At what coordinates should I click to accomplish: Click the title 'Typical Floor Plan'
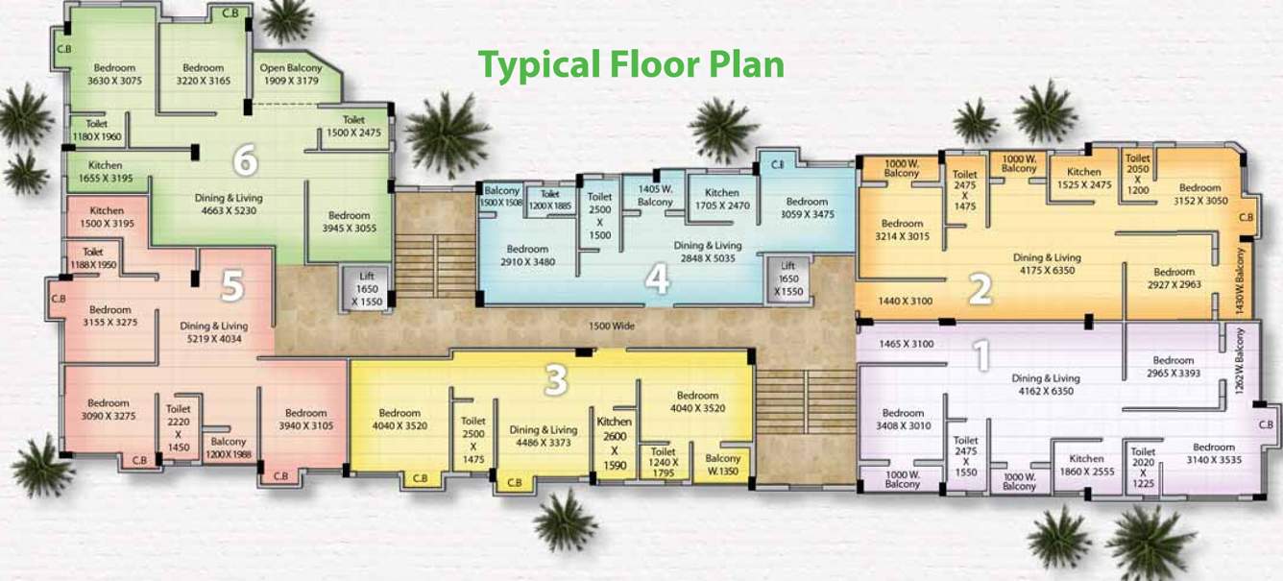(631, 64)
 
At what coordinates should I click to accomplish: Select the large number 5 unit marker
(232, 284)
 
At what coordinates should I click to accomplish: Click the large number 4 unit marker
(657, 278)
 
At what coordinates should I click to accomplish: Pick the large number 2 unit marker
(979, 288)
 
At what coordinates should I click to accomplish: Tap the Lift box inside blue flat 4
(787, 278)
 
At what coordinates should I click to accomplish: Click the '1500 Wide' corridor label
(612, 327)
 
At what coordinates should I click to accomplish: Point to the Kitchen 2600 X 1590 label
(615, 444)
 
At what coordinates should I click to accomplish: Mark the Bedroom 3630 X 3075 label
(114, 75)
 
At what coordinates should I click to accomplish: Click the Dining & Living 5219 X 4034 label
(213, 332)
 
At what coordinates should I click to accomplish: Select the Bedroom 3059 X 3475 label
(806, 208)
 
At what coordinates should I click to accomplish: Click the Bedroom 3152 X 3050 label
(1199, 194)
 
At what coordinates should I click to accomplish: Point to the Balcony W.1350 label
(722, 465)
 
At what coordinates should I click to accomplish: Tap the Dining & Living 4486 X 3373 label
(543, 436)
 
